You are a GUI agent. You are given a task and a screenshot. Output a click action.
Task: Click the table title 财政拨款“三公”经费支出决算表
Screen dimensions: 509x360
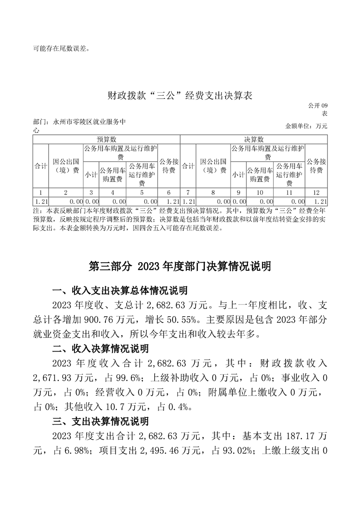point(180,96)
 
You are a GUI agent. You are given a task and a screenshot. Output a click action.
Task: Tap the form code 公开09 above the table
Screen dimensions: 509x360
point(317,106)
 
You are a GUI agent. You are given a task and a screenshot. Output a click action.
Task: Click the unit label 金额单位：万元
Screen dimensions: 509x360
point(306,126)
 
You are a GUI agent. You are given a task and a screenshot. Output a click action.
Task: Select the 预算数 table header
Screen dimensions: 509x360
point(107,139)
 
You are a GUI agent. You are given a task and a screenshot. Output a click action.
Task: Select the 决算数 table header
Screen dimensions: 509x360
point(254,139)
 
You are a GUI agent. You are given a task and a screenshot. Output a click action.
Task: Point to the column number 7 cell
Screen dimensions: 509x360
point(187,192)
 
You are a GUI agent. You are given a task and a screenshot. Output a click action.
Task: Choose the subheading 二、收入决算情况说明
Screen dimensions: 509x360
point(100,349)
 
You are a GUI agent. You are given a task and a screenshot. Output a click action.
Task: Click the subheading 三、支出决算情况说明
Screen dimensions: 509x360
point(100,422)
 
